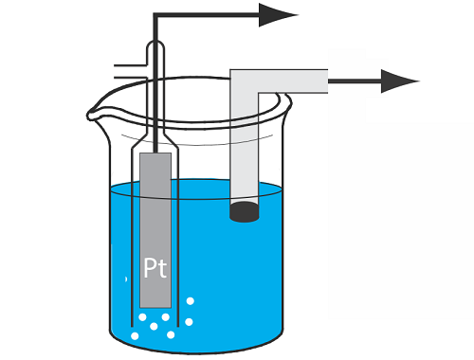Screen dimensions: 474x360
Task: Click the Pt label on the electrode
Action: pos(155,268)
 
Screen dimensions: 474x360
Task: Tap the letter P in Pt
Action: pos(150,268)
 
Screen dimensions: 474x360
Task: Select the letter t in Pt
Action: pos(162,269)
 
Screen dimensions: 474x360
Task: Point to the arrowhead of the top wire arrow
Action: pos(278,15)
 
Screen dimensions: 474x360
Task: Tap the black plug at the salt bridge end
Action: pos(245,212)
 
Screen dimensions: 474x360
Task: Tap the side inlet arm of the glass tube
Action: pos(131,72)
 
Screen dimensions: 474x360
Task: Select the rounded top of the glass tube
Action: pos(155,45)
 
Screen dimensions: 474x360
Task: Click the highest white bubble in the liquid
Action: pos(190,301)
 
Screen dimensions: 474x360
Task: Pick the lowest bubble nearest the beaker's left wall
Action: pos(135,336)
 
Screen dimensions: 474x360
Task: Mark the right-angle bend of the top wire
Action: pos(155,15)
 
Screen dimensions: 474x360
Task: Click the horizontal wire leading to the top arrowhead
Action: pos(207,15)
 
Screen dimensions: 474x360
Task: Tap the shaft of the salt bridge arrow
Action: pos(355,81)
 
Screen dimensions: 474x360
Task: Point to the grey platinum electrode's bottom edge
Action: pos(155,307)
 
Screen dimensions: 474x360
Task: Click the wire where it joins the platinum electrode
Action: pos(155,153)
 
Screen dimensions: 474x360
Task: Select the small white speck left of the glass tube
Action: pos(126,279)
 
